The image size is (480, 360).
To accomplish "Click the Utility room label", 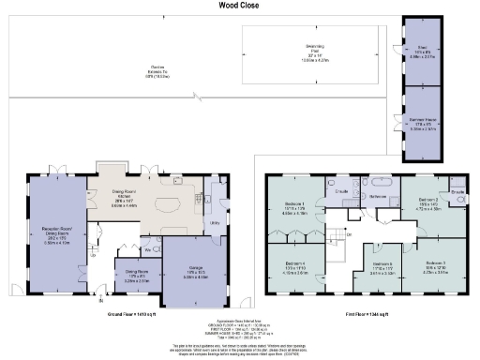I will click(215, 222).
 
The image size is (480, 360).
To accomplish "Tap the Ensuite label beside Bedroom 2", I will click(457, 193).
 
